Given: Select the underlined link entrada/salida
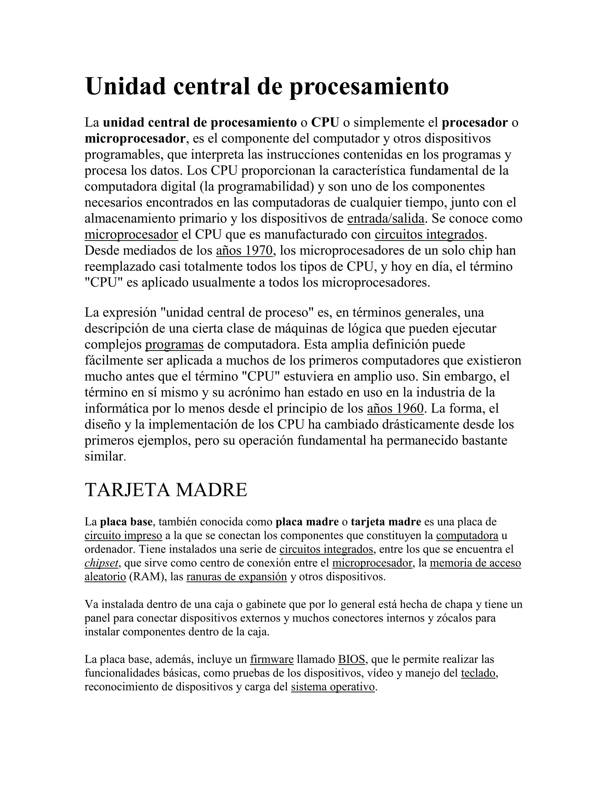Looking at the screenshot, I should pyautogui.click(x=386, y=219).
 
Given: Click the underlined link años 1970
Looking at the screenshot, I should pyautogui.click(x=245, y=250).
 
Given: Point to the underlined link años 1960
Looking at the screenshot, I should pyautogui.click(x=395, y=409).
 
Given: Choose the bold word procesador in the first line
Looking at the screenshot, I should pyautogui.click(x=475, y=123).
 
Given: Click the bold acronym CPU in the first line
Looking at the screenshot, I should pyautogui.click(x=325, y=123).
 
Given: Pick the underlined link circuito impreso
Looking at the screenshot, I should pyautogui.click(x=123, y=535).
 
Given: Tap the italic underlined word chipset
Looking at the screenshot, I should pyautogui.click(x=101, y=563).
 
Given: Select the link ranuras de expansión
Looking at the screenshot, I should pyautogui.click(x=237, y=576).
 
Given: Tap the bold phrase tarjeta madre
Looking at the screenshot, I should pyautogui.click(x=386, y=522).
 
